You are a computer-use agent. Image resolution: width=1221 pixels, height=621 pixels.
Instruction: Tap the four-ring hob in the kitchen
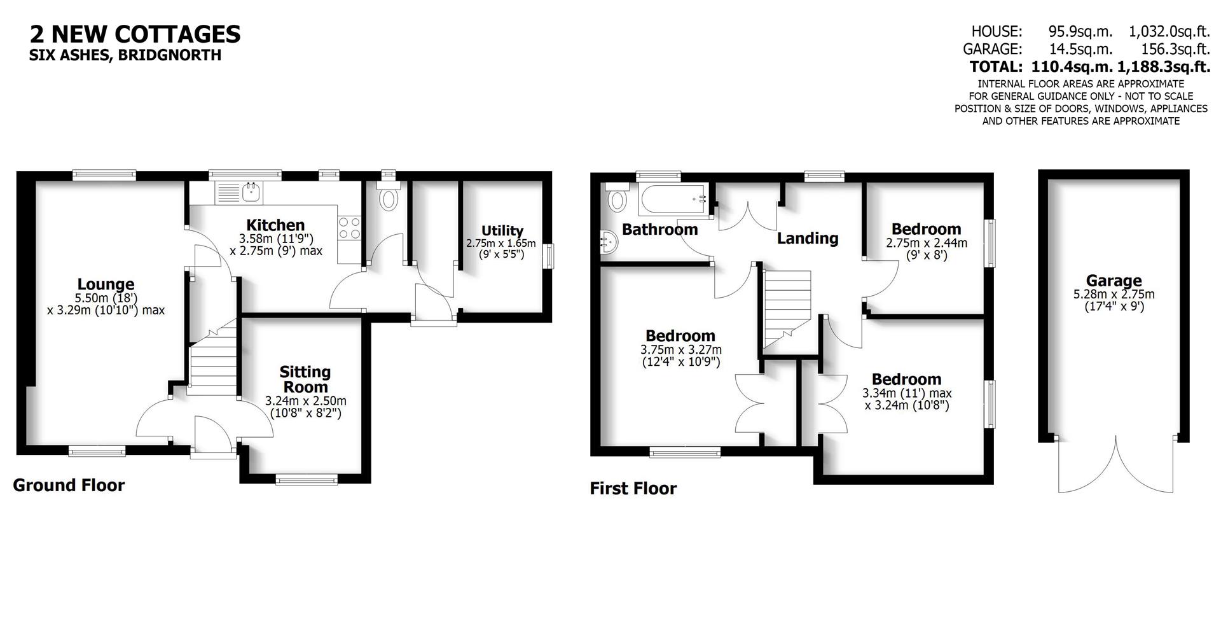349,228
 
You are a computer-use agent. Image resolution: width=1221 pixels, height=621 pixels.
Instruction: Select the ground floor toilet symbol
387,198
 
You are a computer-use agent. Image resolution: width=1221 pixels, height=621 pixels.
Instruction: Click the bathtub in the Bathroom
673,200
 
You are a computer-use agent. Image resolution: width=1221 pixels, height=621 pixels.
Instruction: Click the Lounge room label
106,284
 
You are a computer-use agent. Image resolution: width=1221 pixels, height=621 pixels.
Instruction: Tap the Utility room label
502,230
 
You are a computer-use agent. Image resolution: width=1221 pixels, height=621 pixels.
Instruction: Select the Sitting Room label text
305,379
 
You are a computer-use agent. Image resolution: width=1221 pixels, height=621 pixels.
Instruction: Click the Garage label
1113,281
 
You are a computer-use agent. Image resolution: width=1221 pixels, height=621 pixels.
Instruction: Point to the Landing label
808,239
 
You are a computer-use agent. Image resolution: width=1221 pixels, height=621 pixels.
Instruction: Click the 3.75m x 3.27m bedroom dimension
680,350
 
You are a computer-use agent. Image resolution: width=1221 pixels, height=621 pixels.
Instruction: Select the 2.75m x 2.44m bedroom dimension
926,243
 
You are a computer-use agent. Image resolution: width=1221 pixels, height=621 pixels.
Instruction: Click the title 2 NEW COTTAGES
135,34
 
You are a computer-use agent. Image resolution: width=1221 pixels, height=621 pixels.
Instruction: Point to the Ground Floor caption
69,485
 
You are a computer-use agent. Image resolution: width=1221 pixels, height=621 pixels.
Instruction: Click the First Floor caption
633,489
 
